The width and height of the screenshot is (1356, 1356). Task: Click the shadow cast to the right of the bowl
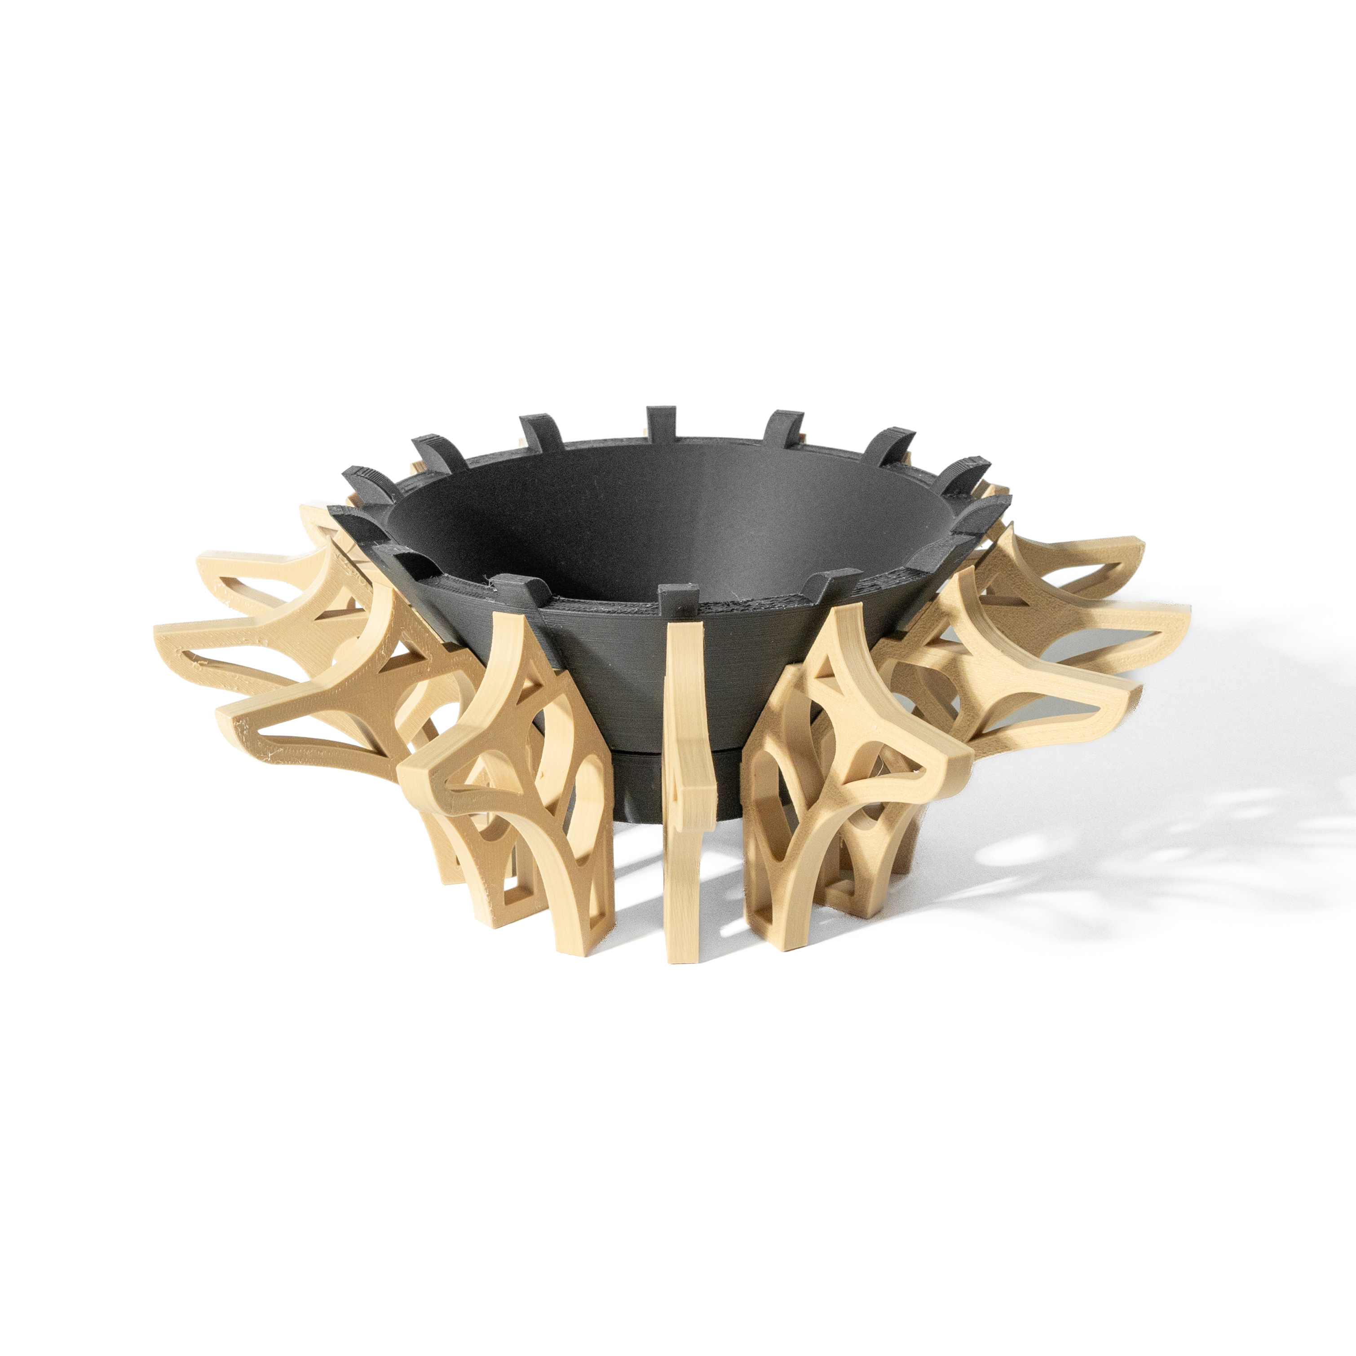[1123, 842]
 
